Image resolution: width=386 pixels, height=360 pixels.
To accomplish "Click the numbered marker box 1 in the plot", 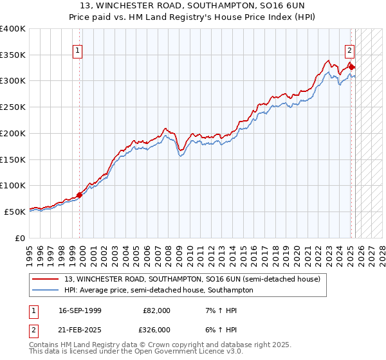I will (77, 51).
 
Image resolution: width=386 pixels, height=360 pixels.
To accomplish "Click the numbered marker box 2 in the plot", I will (349, 51).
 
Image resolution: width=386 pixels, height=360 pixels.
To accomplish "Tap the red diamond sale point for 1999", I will (80, 195).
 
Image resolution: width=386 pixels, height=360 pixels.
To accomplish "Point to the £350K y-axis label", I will (13, 55).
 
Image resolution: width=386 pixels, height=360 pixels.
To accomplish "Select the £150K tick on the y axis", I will (13, 159).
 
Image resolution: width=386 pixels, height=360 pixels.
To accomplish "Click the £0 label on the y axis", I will (21, 238).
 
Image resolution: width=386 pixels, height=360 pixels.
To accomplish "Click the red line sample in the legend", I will (45, 280).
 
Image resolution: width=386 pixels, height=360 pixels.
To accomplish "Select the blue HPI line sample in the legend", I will (45, 290).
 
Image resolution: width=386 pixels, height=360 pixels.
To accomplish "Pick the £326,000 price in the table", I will (156, 330).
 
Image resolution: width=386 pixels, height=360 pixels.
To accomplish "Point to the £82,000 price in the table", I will (156, 310).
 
